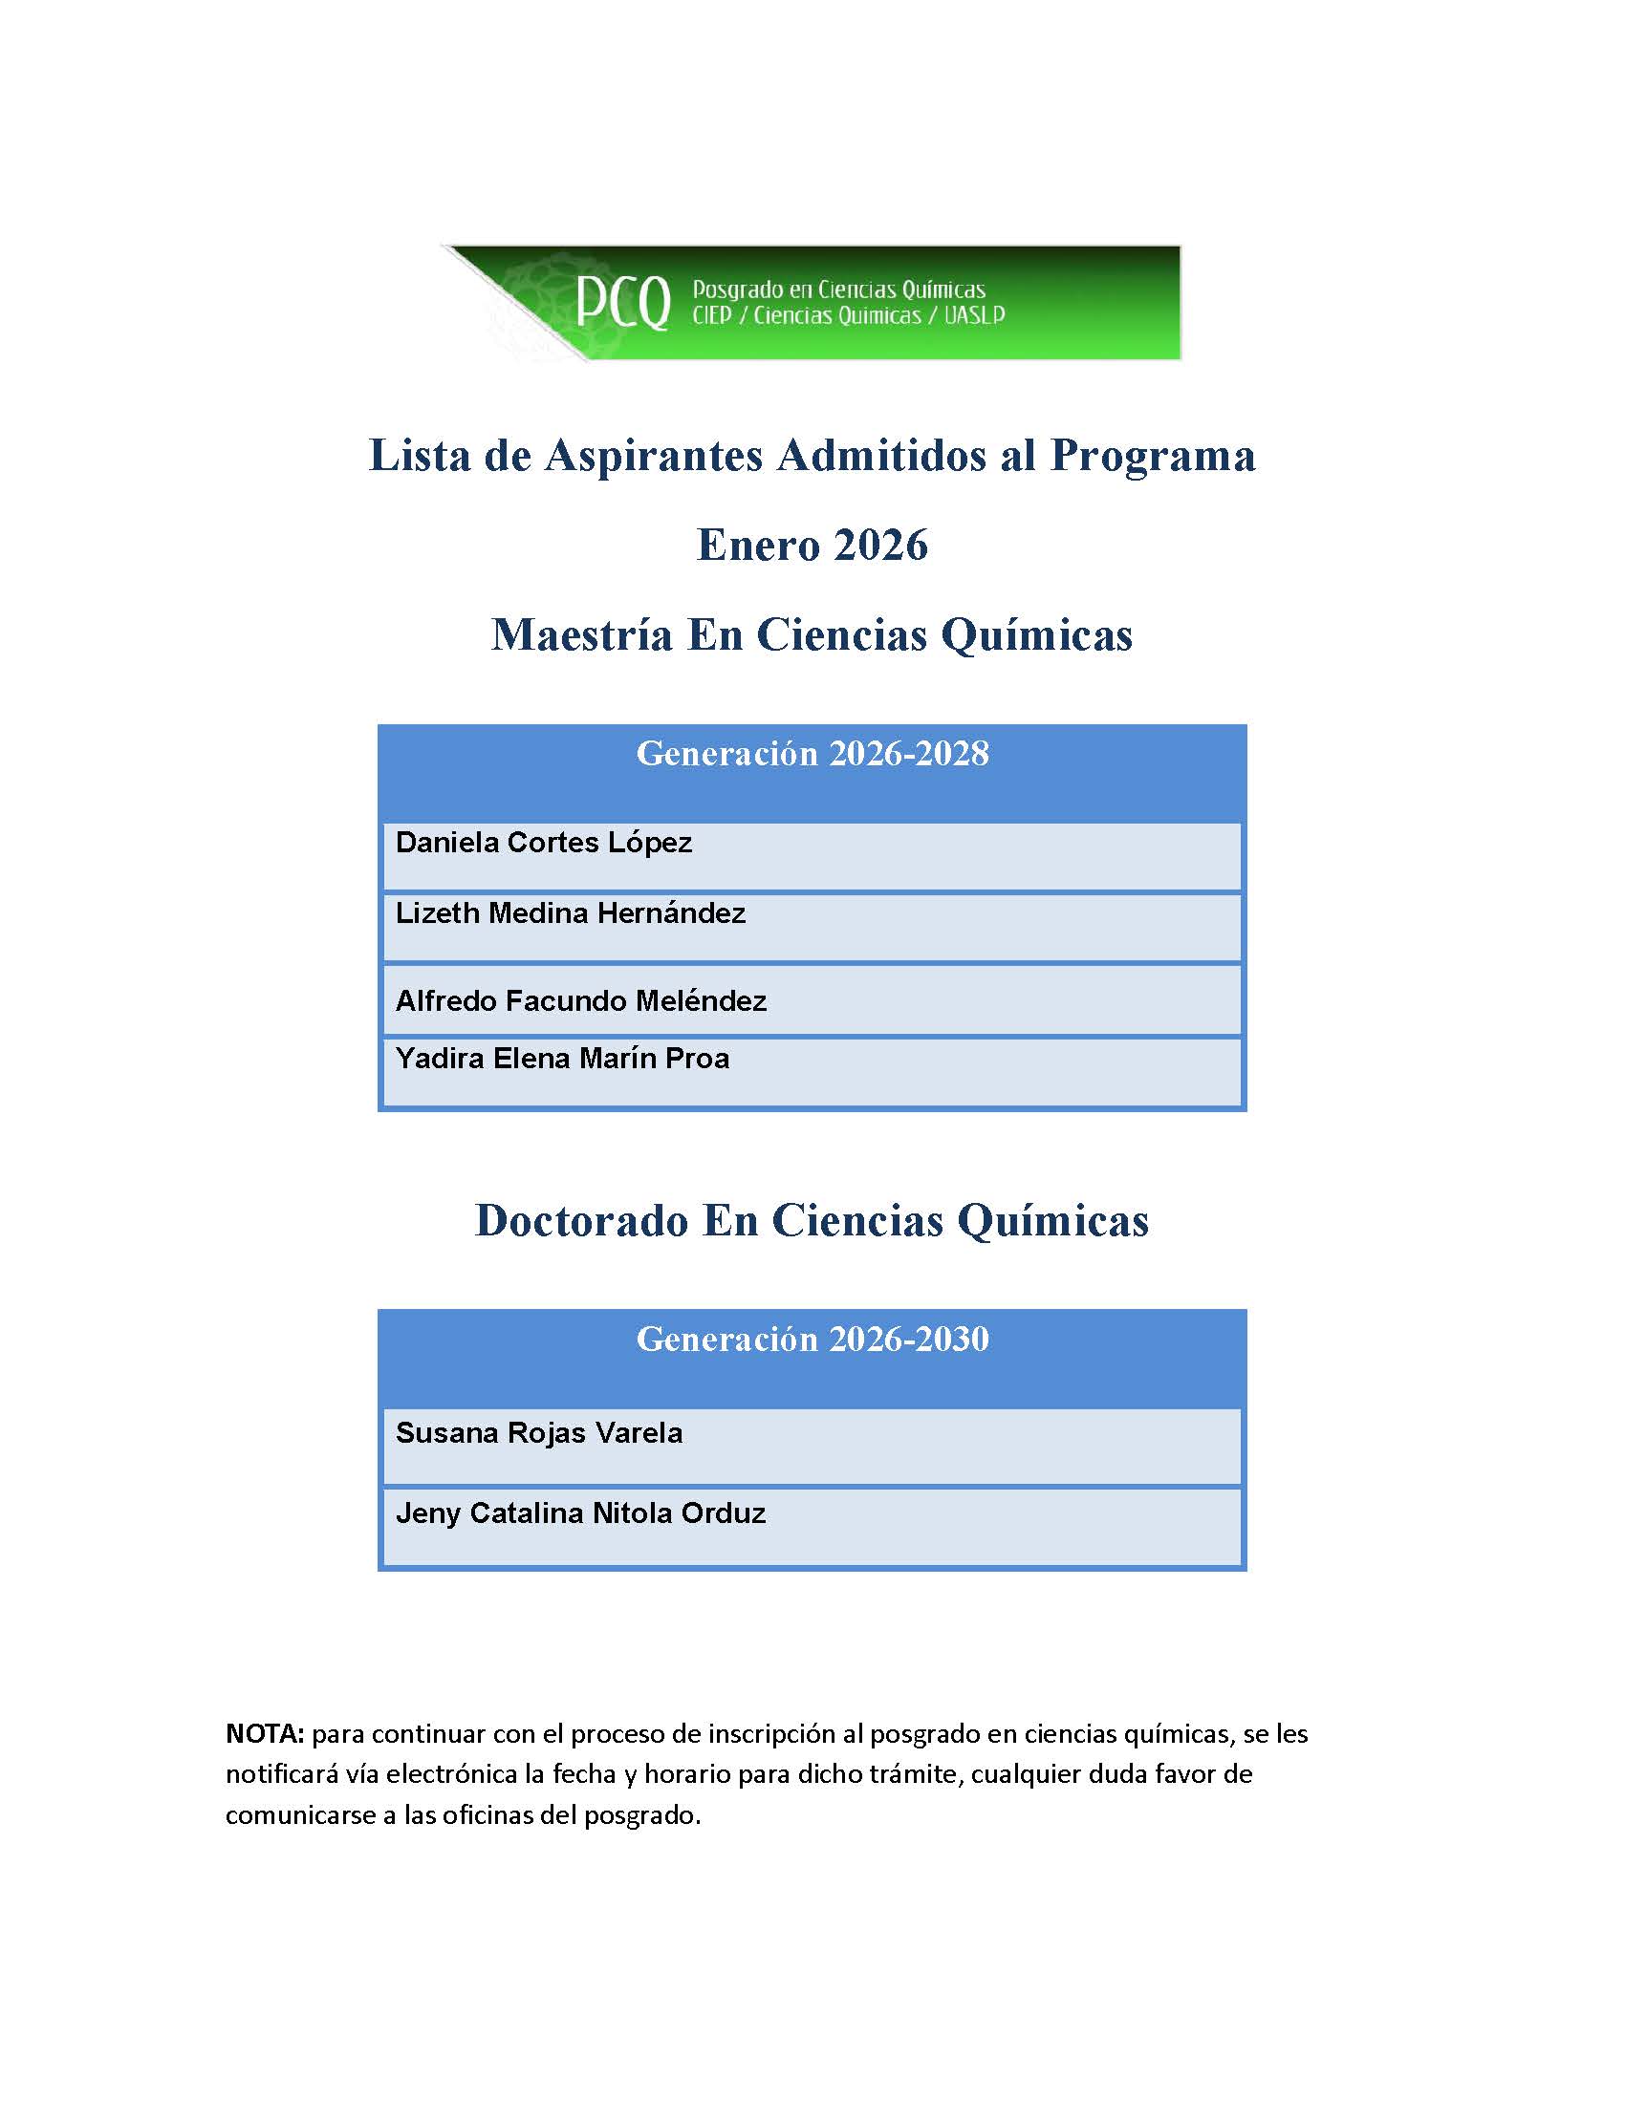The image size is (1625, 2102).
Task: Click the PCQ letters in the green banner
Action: tap(623, 303)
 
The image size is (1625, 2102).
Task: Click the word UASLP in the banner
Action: tap(973, 315)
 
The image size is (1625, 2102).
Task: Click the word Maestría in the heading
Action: tap(581, 635)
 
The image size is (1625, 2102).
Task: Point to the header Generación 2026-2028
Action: tap(812, 754)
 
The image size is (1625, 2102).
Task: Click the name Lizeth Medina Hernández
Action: tap(570, 913)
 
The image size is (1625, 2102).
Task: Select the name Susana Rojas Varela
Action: tap(539, 1433)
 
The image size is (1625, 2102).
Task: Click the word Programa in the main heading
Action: tap(1153, 456)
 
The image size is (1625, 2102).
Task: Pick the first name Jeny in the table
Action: tap(427, 1514)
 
